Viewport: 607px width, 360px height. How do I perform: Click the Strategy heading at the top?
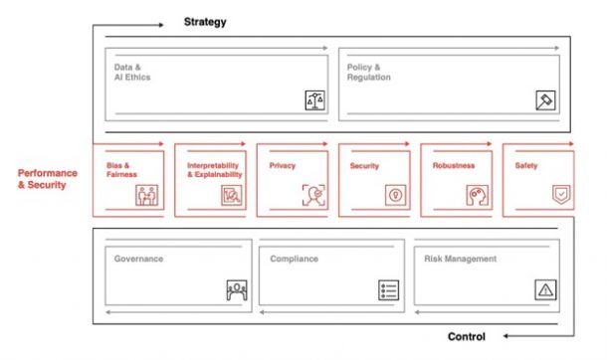click(x=205, y=21)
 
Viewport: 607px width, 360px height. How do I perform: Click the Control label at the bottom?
click(x=466, y=336)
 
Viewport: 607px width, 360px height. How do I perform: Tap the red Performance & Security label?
click(x=47, y=178)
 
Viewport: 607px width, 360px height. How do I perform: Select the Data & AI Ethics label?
click(x=132, y=72)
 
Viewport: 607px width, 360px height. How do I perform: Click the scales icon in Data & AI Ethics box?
click(x=314, y=99)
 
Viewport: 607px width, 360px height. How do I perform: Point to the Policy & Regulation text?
click(x=369, y=72)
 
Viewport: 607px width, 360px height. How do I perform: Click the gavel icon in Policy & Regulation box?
click(x=545, y=99)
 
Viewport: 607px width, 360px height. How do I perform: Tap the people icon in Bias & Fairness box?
click(x=148, y=195)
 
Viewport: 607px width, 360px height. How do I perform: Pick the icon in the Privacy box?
click(x=313, y=195)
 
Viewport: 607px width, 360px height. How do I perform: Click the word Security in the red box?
click(x=364, y=166)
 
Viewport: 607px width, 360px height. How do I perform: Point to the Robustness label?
click(x=453, y=166)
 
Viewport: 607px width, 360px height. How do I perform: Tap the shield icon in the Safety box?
click(x=561, y=195)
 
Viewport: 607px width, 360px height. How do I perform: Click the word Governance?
click(x=138, y=259)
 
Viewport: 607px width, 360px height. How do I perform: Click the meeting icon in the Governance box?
click(x=237, y=290)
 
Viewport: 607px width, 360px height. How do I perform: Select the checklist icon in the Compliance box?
click(x=388, y=290)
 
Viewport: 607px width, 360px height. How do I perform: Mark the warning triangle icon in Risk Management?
click(x=546, y=290)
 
